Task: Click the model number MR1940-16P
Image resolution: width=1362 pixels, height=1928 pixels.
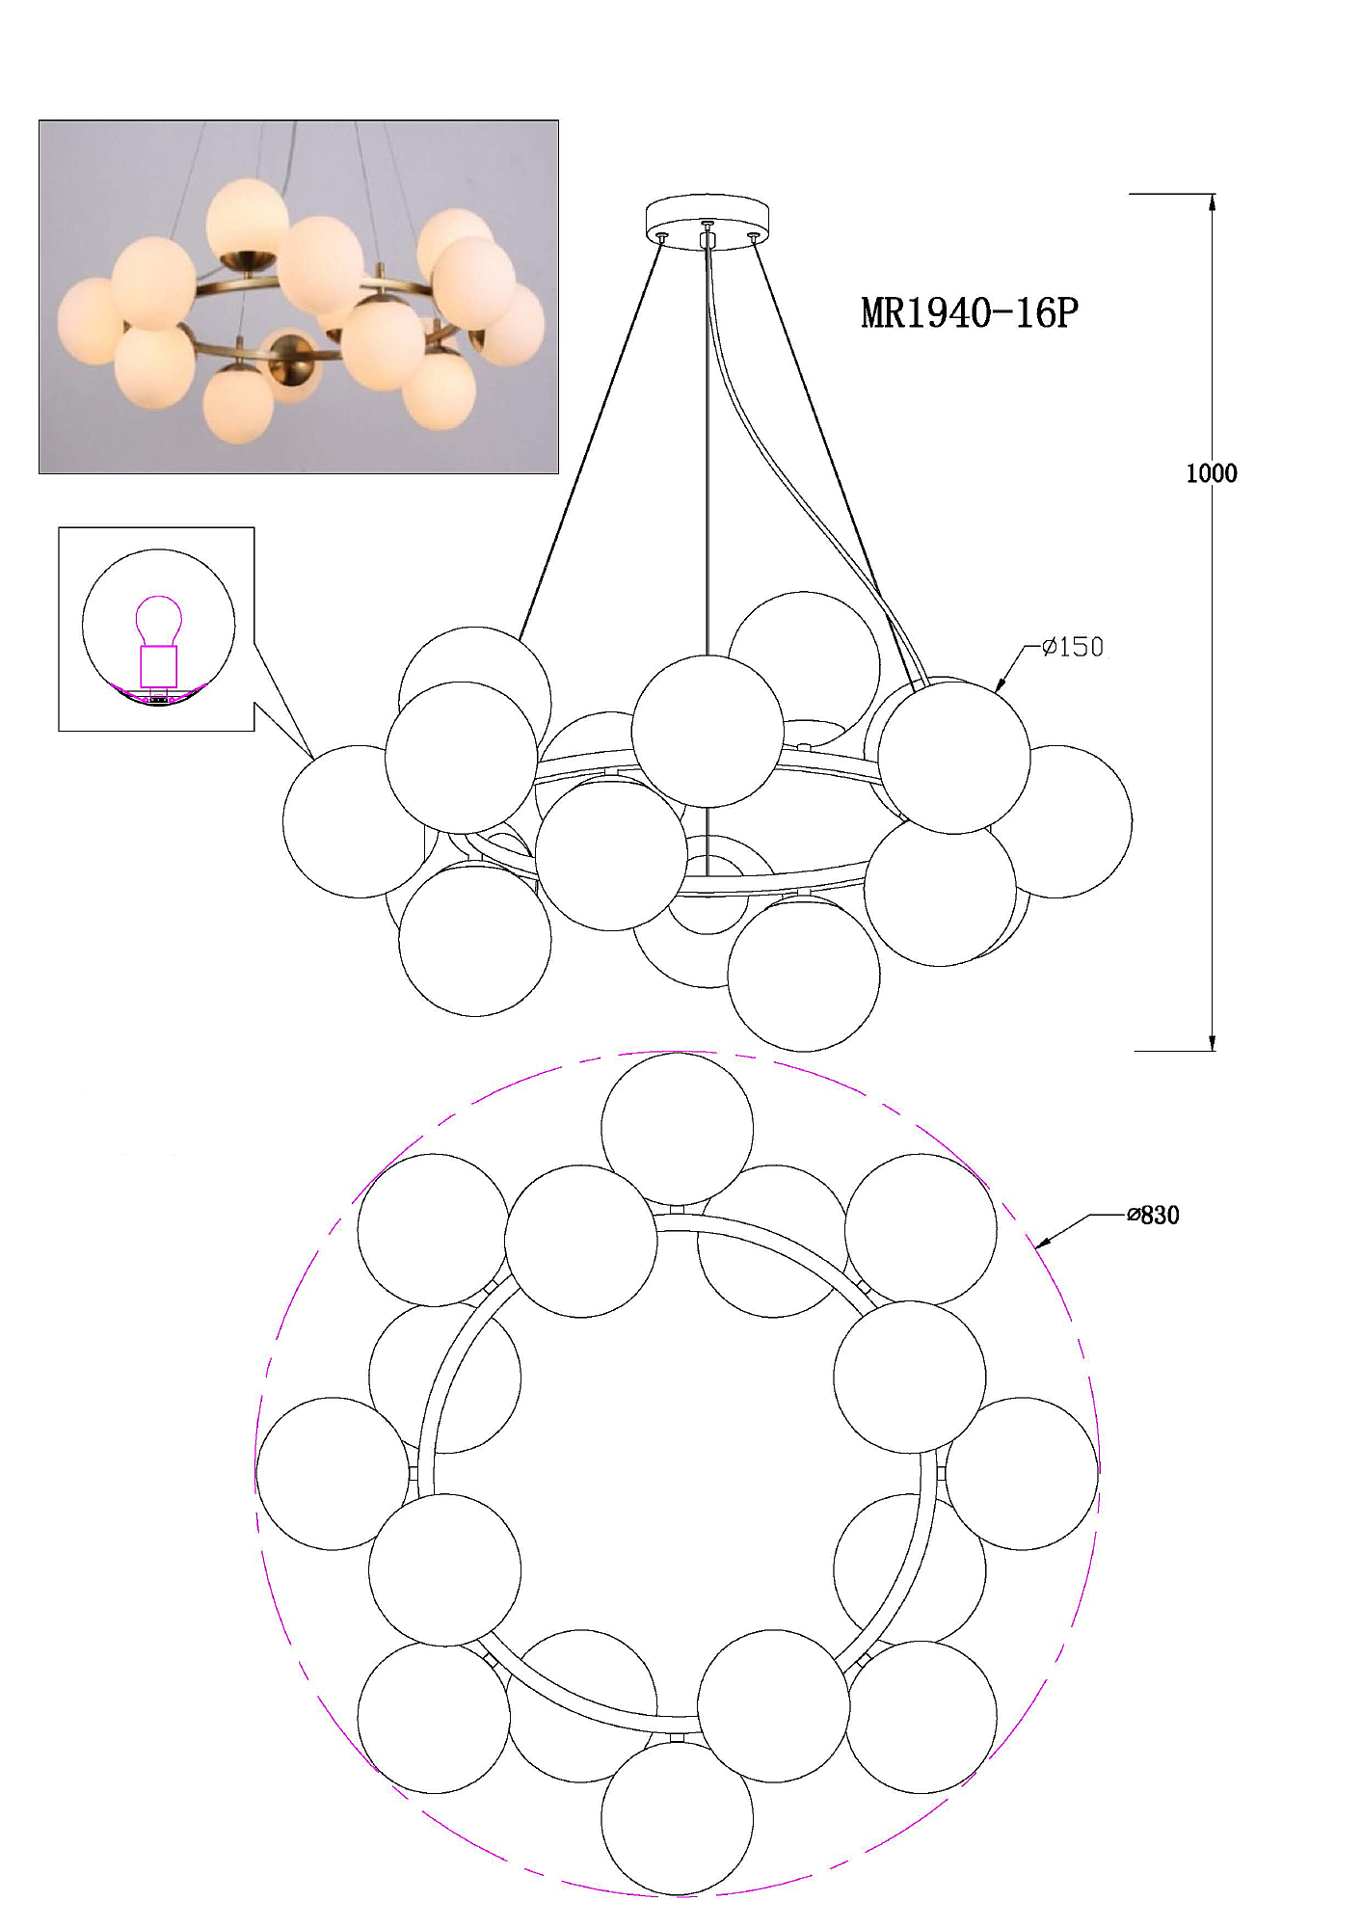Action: pos(969,313)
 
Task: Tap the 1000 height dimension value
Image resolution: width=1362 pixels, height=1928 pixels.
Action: pos(1211,473)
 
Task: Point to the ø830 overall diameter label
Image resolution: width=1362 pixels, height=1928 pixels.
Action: pos(1153,1216)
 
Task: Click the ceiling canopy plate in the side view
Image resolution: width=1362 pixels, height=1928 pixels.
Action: pos(708,221)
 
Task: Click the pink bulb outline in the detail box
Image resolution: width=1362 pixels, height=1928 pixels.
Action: pos(159,621)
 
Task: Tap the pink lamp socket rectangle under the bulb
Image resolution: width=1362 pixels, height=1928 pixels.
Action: pos(159,666)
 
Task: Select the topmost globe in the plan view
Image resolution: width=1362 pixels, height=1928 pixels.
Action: pos(677,1129)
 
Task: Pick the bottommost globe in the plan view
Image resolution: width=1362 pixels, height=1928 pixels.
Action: pos(677,1818)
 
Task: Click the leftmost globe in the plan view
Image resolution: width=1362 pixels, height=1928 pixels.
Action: pos(333,1474)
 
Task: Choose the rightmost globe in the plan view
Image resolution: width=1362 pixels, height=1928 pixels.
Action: pos(1022,1474)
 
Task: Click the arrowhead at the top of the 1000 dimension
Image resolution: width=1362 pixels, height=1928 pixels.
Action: pos(1212,201)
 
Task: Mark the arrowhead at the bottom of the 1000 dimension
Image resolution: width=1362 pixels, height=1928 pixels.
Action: pos(1212,1043)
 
